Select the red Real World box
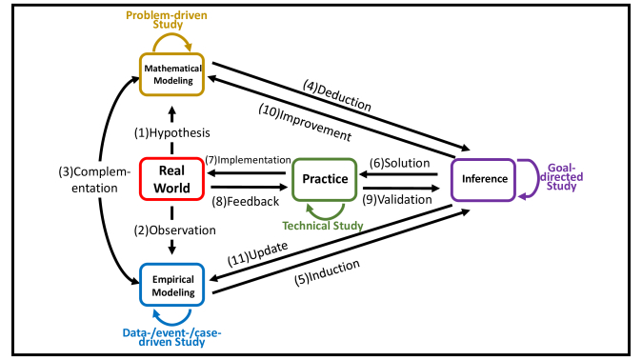coord(172,178)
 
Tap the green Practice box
coord(324,178)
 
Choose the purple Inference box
coord(483,178)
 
